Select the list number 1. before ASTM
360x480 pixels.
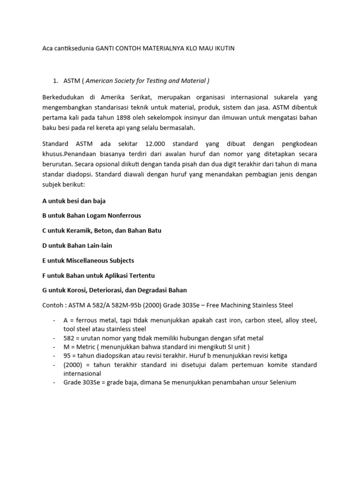(x=56, y=81)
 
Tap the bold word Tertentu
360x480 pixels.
(x=140, y=275)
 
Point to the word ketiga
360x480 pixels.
(x=277, y=356)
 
